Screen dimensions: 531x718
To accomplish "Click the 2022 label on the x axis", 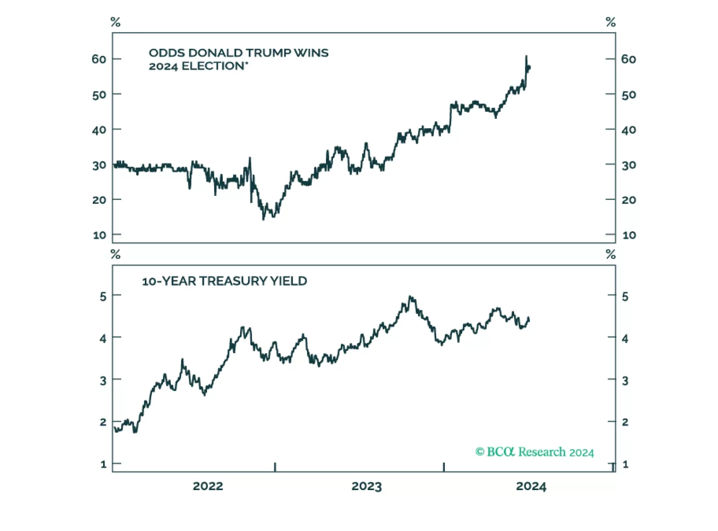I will [208, 486].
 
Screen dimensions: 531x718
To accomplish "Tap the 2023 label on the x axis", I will [366, 486].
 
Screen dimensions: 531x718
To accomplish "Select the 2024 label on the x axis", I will [531, 486].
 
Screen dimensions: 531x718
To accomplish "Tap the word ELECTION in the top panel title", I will [213, 66].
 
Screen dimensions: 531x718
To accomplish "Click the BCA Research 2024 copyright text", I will [535, 452].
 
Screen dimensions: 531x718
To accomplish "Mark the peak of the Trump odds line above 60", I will [526, 56].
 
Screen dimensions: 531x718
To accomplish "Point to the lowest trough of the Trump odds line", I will [263, 219].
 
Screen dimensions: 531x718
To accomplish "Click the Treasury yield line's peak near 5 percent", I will [410, 296].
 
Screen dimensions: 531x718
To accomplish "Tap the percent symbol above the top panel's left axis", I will [115, 22].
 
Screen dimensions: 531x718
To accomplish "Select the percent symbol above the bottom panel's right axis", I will [611, 254].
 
